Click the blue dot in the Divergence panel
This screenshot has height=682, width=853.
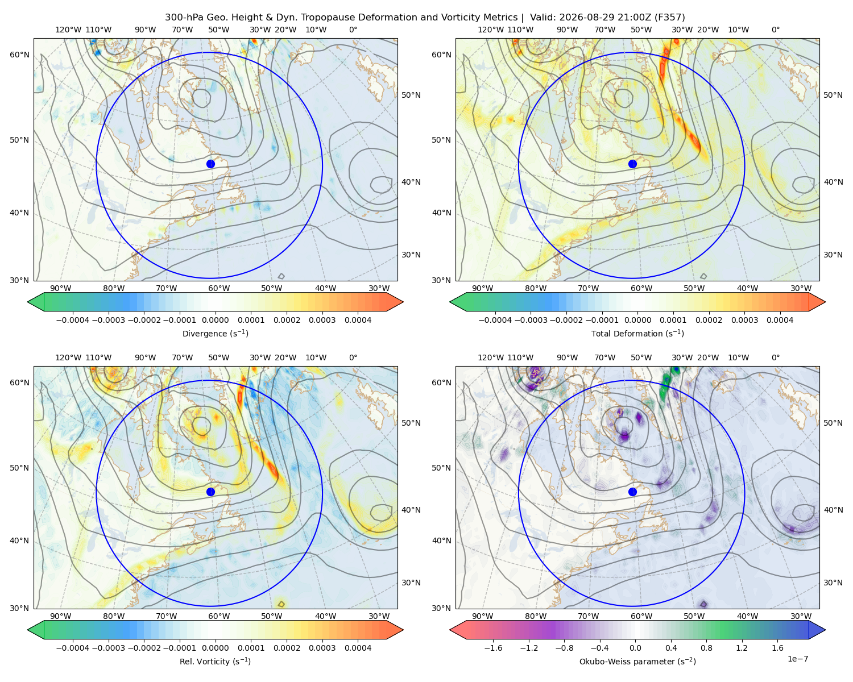click(210, 164)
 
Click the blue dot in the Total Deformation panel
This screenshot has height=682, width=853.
click(632, 164)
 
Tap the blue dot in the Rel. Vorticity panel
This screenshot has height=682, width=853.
click(210, 492)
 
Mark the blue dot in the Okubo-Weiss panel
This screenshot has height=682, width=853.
click(632, 492)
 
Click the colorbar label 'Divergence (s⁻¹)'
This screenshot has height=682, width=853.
click(215, 333)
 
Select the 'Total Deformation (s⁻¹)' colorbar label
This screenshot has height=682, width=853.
click(637, 333)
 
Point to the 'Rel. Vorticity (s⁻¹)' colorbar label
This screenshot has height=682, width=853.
click(215, 662)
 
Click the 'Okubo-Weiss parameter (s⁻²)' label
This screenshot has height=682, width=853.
click(637, 662)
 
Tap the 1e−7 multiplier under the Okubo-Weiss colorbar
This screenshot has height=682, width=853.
click(797, 659)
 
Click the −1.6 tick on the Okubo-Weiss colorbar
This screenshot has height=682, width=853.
click(493, 647)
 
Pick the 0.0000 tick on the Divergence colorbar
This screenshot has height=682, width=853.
click(215, 320)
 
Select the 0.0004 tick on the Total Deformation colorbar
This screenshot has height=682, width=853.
click(780, 320)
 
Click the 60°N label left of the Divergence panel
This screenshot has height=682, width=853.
click(19, 55)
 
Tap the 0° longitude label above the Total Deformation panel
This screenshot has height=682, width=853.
click(776, 30)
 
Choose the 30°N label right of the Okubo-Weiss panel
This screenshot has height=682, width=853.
click(833, 583)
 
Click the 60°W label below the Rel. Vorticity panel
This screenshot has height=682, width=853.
click(219, 616)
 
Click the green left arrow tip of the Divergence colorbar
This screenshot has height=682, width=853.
click(28, 302)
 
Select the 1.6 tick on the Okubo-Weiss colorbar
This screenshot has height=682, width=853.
click(778, 647)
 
